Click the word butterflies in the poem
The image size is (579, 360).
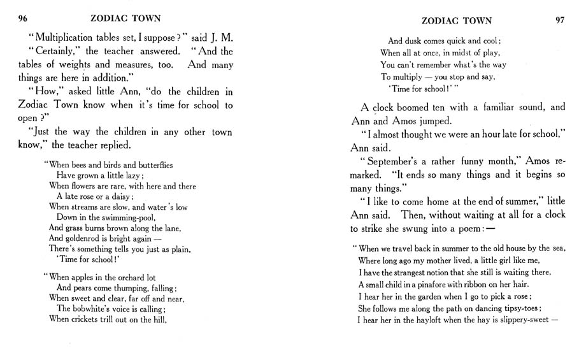coord(150,164)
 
